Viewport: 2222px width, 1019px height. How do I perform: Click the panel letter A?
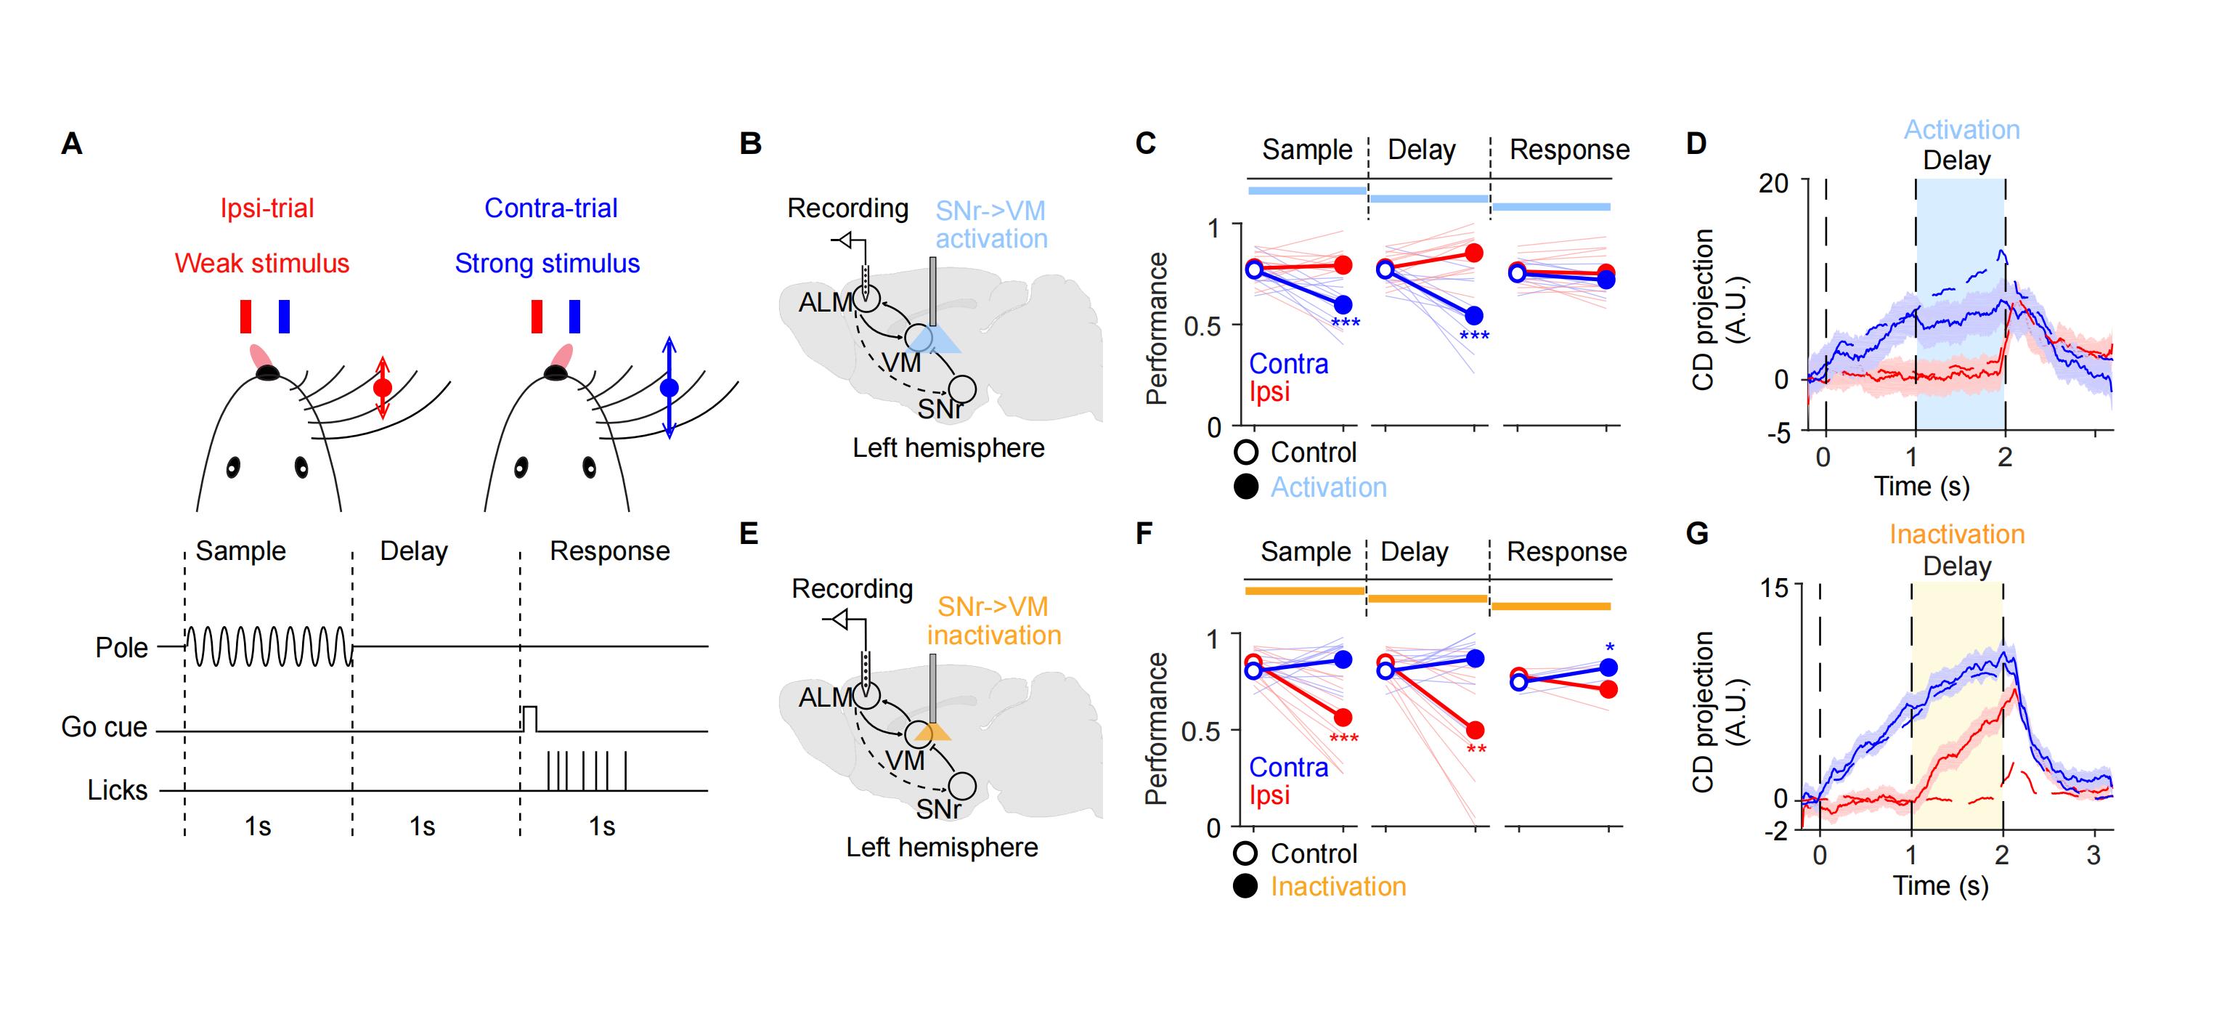(x=72, y=143)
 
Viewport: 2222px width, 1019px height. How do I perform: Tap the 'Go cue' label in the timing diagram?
(x=104, y=727)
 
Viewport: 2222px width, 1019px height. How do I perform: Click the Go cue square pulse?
(x=529, y=718)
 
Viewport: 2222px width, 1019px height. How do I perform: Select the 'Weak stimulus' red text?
(x=261, y=263)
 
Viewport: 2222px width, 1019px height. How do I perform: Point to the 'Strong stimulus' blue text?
(x=547, y=263)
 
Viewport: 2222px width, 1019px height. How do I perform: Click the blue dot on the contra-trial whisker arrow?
(x=669, y=389)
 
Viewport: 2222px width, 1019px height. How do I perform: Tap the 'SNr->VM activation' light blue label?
(x=991, y=224)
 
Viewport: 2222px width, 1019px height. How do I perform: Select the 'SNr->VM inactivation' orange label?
(x=993, y=621)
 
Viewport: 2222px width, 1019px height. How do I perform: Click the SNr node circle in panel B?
(x=963, y=389)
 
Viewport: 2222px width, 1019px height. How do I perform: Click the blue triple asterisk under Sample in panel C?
(x=1345, y=323)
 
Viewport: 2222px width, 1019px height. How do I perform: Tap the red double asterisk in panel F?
(x=1476, y=749)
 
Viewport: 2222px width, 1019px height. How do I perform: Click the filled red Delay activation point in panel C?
(x=1474, y=253)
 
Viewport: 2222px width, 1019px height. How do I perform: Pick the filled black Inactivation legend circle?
(x=1245, y=886)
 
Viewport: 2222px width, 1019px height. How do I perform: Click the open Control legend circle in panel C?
(x=1246, y=452)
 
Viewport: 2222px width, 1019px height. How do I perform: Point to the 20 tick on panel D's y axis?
(x=1773, y=183)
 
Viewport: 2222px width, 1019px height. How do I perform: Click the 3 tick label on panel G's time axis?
(x=2093, y=856)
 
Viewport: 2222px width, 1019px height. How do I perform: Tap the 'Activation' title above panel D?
(x=1961, y=129)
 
